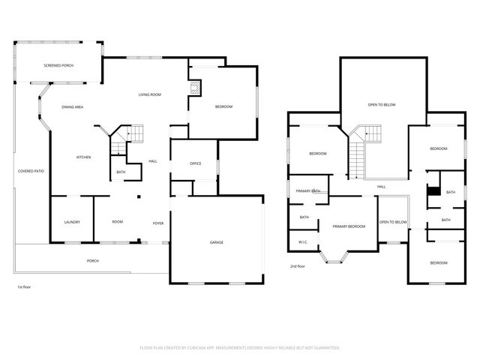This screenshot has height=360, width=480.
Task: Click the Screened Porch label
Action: coord(58,66)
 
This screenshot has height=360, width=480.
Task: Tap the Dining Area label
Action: coord(72,107)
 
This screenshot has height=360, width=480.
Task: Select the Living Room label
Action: coord(150,94)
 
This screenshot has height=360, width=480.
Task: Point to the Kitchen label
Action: coord(83,157)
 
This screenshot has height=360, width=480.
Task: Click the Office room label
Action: coord(195,163)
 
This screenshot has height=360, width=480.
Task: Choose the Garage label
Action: coord(216,242)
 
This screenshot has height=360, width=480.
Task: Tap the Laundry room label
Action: coord(72,222)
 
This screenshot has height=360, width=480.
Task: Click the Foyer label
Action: coord(158,223)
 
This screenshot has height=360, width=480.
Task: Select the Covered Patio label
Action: coord(31,172)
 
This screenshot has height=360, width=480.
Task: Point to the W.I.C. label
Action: coord(303,241)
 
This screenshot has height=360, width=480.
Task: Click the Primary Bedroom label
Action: coord(349,226)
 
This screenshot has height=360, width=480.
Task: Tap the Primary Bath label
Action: coord(308,191)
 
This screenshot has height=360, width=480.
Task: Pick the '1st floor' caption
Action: coord(24,287)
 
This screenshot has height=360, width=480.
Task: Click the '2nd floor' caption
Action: coord(298,266)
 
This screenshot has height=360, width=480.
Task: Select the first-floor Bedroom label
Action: coord(223,106)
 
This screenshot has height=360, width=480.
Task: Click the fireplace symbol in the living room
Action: coord(195,88)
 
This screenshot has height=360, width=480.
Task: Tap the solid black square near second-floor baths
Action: coord(432,190)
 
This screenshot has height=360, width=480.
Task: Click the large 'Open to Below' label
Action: coord(381,104)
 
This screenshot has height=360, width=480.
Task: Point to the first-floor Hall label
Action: coord(152,161)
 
